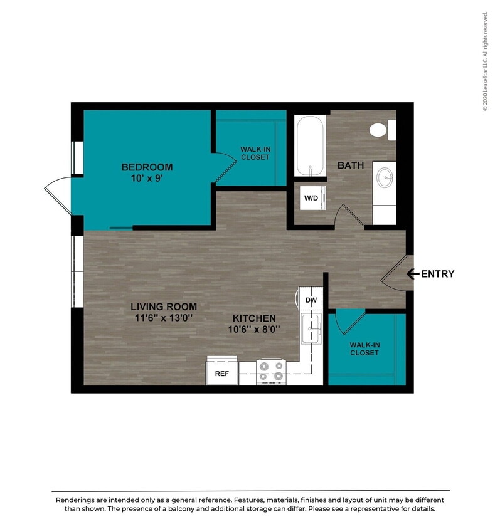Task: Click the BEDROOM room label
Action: point(147,167)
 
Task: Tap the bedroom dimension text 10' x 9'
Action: point(147,178)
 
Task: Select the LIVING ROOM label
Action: point(164,306)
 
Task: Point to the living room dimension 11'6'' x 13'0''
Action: point(164,317)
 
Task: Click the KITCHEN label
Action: point(254,318)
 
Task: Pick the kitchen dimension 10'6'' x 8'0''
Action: point(254,328)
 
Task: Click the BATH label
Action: point(351,165)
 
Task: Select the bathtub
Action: point(309,146)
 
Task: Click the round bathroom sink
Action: point(385,177)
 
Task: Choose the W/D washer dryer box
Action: point(311,198)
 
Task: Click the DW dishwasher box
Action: point(311,300)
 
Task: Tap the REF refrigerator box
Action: point(221,373)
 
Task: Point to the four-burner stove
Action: point(271,371)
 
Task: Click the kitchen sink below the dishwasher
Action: point(311,329)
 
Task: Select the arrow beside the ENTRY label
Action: point(413,273)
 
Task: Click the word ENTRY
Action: point(437,274)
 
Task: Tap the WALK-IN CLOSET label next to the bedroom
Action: point(255,153)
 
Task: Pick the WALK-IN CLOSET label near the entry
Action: point(364,348)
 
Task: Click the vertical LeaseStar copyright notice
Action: point(485,61)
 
